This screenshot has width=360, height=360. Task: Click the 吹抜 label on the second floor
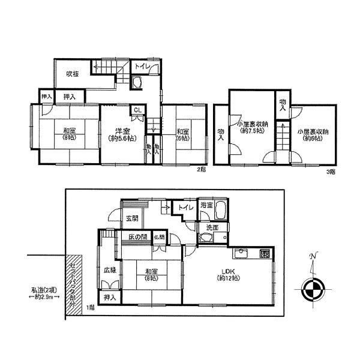(x=73, y=74)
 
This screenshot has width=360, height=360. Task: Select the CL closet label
(x=137, y=110)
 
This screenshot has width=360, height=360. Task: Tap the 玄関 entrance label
(x=133, y=217)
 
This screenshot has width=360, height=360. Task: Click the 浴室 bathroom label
(x=207, y=205)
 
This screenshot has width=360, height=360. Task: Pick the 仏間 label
(x=158, y=238)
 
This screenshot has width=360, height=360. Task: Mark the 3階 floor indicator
(x=330, y=172)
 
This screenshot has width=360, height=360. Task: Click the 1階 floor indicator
(x=89, y=308)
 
